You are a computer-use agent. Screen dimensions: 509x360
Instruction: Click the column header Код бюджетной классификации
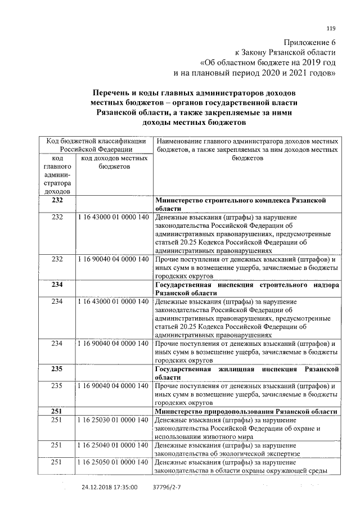(x=96, y=141)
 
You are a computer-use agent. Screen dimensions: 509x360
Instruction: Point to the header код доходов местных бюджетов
(x=114, y=163)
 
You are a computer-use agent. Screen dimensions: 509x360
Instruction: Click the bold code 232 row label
(x=57, y=200)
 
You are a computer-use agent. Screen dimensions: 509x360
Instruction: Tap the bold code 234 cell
(x=57, y=285)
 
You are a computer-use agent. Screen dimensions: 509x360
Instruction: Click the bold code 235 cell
(x=57, y=369)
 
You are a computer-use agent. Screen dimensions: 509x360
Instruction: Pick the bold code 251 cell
(x=57, y=411)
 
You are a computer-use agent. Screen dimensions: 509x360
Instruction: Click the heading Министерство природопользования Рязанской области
(x=246, y=411)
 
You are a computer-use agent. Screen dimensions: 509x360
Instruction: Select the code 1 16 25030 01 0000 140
(x=114, y=420)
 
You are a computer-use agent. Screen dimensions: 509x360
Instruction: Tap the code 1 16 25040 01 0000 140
(x=114, y=445)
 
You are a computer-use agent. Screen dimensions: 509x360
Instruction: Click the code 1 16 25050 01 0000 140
(x=114, y=462)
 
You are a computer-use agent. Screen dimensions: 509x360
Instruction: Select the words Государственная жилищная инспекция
(x=222, y=369)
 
